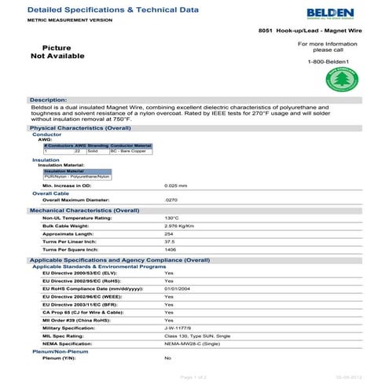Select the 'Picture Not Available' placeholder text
[x=57, y=52]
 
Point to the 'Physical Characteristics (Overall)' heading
[x=79, y=127]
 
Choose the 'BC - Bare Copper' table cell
[x=130, y=150]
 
